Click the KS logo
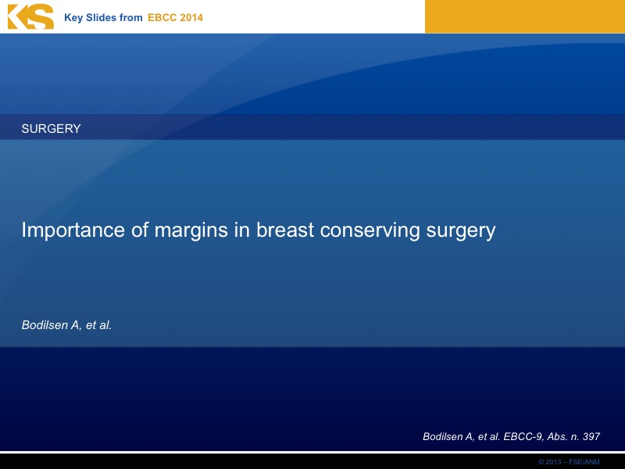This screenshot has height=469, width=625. click(30, 16)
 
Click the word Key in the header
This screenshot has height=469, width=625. click(73, 18)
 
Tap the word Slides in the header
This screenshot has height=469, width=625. click(101, 17)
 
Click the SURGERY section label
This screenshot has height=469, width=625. click(51, 128)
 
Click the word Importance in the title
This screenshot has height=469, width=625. click(73, 230)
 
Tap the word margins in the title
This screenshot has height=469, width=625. click(191, 231)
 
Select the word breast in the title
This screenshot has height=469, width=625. click(285, 230)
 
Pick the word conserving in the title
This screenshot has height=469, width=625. click(370, 231)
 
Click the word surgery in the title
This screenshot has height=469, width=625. click(461, 231)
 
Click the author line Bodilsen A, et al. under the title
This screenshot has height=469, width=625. click(66, 325)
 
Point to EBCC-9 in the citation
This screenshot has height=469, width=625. click(523, 437)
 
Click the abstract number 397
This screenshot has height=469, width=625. click(591, 437)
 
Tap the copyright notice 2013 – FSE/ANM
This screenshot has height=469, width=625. click(570, 462)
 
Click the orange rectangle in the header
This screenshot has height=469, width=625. click(525, 16)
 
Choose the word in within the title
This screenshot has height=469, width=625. click(242, 230)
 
